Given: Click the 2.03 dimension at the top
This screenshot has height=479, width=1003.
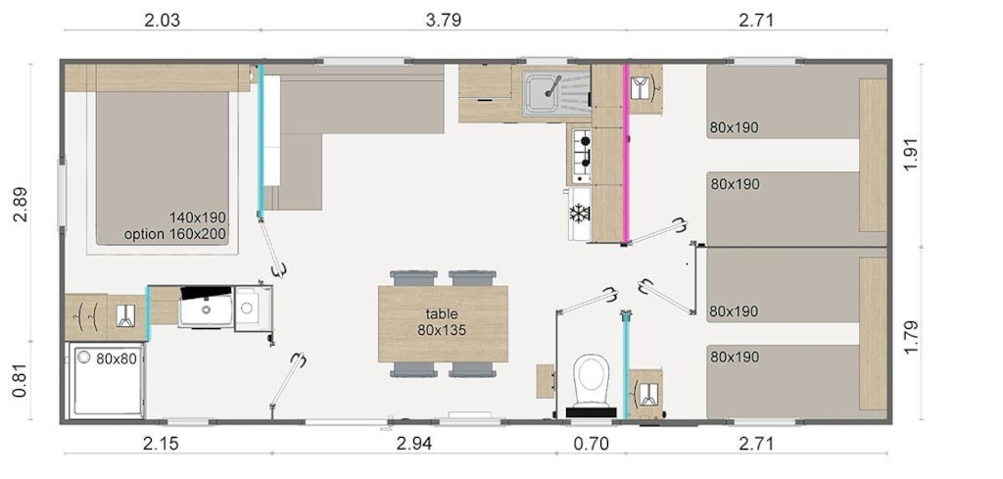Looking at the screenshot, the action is [163, 20].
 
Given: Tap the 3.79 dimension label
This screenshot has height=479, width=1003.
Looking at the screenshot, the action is [444, 20].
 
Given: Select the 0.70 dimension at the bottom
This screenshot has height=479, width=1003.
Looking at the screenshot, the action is [591, 443].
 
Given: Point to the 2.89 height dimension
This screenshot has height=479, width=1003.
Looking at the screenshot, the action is [20, 204].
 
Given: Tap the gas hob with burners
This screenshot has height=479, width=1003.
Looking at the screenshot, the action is [579, 155].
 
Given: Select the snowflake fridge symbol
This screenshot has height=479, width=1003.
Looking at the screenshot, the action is [579, 214].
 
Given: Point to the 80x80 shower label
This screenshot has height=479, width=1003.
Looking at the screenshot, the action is [117, 359].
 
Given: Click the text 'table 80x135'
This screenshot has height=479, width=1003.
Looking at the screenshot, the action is [442, 322].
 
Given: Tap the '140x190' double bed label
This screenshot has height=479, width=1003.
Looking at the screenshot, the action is [198, 217].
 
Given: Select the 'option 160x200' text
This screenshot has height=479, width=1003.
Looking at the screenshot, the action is [174, 235].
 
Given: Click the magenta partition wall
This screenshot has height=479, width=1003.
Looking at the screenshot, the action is [626, 153].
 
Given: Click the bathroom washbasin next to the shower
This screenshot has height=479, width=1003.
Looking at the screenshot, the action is [206, 307].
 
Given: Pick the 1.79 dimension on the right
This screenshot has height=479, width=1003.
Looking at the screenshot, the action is [912, 332].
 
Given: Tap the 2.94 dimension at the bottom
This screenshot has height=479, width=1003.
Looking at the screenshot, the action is [414, 443].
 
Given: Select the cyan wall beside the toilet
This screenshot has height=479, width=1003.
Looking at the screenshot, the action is [626, 363].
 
